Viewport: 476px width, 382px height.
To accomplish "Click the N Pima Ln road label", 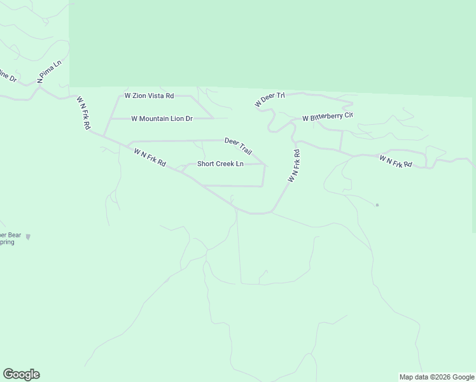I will click(x=48, y=71).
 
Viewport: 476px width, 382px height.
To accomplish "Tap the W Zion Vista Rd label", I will click(x=149, y=95).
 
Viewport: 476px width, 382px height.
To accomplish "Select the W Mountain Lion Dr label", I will click(x=162, y=118).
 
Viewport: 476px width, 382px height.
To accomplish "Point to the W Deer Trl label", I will click(x=269, y=99).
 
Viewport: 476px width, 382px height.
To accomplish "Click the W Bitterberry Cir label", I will click(x=327, y=117).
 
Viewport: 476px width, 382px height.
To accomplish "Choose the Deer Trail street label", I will click(x=239, y=146).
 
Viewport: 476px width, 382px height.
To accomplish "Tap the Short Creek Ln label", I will click(x=220, y=164).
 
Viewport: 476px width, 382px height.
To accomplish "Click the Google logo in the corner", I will click(x=21, y=374).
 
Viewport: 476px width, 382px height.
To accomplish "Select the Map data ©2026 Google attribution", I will click(x=437, y=377).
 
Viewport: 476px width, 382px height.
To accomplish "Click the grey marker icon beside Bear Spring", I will click(x=27, y=237).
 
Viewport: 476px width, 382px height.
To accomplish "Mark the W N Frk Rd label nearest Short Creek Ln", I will click(x=150, y=158).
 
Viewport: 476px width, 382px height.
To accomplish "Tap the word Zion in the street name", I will click(x=139, y=95).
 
